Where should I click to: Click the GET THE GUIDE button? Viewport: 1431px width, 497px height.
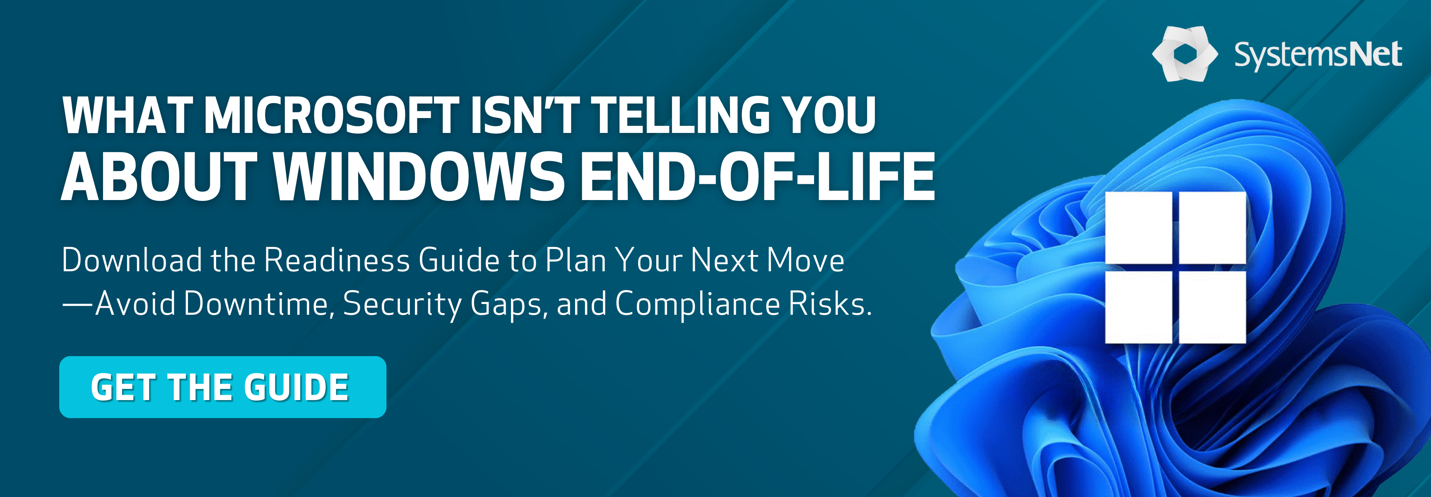click(x=223, y=387)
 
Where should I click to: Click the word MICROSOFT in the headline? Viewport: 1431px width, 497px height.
click(x=332, y=115)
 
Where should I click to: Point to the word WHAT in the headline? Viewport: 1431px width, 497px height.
click(x=128, y=115)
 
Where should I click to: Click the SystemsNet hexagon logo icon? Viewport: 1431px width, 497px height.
click(x=1185, y=54)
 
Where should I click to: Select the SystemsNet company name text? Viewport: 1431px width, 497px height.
click(x=1318, y=55)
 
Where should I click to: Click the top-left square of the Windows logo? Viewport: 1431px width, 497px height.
click(x=1138, y=227)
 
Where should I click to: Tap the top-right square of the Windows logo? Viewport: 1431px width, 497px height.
click(x=1212, y=227)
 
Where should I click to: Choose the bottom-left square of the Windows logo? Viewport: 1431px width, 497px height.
click(x=1138, y=307)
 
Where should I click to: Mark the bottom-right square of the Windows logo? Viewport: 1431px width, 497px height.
click(x=1212, y=307)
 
